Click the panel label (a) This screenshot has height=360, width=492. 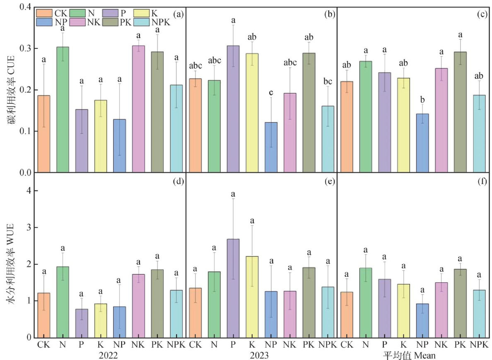[178, 14]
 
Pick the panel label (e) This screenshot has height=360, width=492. [330, 181]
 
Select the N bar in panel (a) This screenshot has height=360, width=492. [63, 109]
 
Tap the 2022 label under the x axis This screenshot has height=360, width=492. [109, 355]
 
